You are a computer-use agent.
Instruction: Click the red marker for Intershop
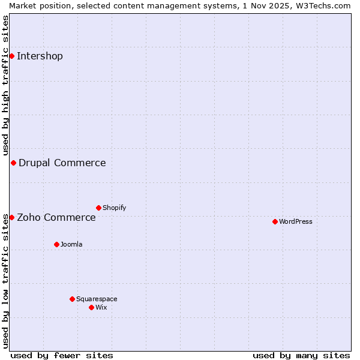coord(11,56)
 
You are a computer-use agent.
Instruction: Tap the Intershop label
coord(40,56)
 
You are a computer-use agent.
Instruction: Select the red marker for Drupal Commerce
coord(13,163)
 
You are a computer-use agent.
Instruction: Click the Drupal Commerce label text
coord(62,163)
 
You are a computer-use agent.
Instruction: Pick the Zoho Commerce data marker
coord(11,217)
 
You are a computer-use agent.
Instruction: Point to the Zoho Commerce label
coord(56,217)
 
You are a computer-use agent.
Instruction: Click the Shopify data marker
coord(98,208)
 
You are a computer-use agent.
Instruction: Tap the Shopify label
coord(114,208)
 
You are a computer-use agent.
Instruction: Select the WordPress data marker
coord(275,221)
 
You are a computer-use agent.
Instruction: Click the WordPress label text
coord(295,221)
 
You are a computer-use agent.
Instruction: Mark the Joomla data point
coord(56,244)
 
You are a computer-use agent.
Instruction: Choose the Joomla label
coord(71,244)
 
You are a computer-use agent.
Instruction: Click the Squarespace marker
coord(72,299)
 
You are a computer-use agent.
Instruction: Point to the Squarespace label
coord(97,299)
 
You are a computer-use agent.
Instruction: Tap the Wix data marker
coord(91,307)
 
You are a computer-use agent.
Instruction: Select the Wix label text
coord(101,307)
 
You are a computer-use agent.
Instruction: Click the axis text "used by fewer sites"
coord(62,355)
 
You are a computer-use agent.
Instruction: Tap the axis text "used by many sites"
coord(301,355)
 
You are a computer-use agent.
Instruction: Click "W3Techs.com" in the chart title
coord(327,5)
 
